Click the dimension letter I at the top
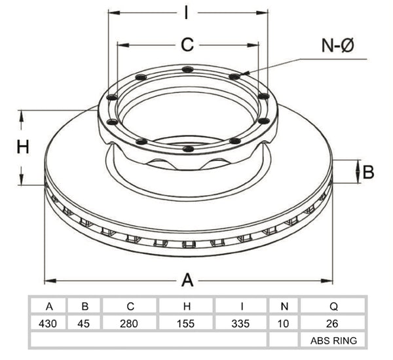186,13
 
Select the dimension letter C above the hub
187,45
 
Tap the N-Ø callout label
337,46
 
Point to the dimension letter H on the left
23,147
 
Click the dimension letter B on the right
368,172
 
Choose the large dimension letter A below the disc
187,280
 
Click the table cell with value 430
48,323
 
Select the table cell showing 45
84,323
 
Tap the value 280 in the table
129,323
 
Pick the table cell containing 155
186,323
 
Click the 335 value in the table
240,323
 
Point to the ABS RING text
333,341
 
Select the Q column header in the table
334,306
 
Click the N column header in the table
284,306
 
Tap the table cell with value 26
332,323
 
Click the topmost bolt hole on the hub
187,69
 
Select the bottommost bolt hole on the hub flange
188,149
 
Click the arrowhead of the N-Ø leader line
244,73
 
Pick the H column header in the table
187,306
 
